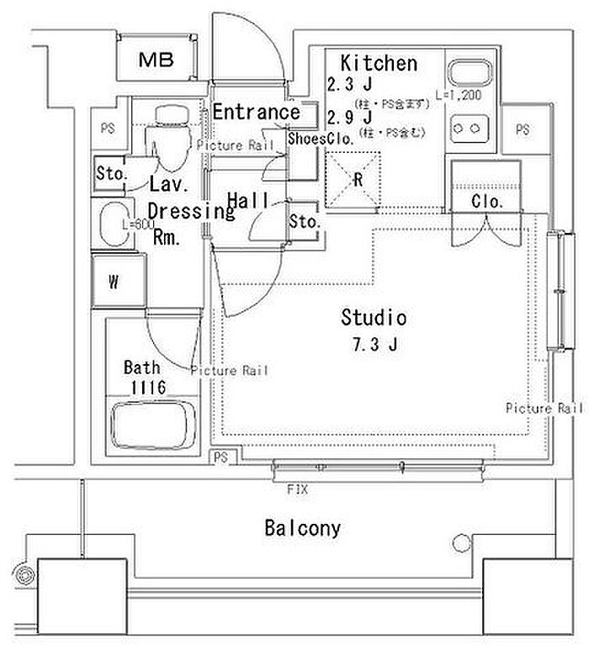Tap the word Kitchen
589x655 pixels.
[379, 63]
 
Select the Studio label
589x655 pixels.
[374, 318]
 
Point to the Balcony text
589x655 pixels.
[303, 528]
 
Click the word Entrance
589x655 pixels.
[256, 112]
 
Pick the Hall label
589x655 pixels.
[248, 200]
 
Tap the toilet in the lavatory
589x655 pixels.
[171, 129]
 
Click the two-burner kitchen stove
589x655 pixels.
[470, 129]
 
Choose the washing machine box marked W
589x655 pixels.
[114, 282]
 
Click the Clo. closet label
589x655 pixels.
[487, 202]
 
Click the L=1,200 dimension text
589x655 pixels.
[459, 96]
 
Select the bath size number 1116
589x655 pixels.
[147, 387]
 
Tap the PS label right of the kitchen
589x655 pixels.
[523, 129]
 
